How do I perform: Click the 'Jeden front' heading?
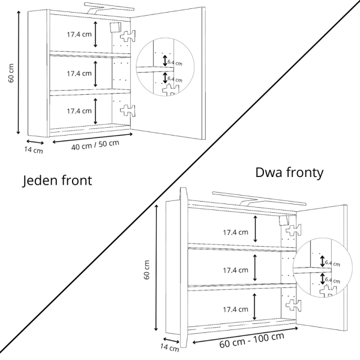[x=58, y=180]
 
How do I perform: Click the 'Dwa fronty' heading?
[x=289, y=173]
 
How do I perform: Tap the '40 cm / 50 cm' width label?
[x=95, y=145]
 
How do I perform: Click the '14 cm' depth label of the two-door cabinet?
[x=170, y=346]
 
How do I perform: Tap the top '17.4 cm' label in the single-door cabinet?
[x=79, y=34]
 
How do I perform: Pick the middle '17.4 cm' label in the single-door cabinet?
[x=79, y=73]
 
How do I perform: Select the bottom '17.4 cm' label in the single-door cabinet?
[x=79, y=111]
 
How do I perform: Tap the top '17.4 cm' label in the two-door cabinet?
[x=235, y=232]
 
